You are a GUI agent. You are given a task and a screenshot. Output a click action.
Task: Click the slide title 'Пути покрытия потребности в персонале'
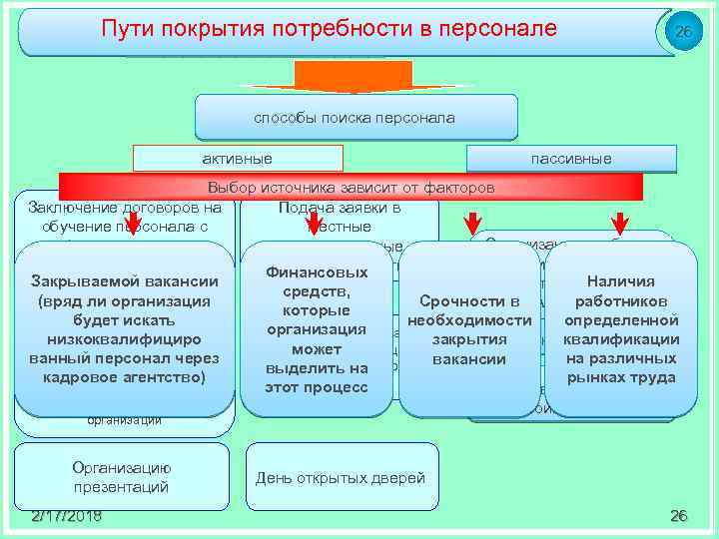(330, 29)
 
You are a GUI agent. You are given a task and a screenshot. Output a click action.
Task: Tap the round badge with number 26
(683, 33)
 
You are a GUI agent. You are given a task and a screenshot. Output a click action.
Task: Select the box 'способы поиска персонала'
(356, 118)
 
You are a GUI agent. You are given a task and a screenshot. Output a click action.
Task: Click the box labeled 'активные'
(238, 158)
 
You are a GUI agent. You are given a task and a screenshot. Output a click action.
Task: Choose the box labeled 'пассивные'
(571, 158)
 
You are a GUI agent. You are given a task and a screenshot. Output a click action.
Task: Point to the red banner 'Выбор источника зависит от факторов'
(351, 188)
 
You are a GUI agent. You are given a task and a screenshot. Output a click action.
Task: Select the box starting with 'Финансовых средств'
(318, 329)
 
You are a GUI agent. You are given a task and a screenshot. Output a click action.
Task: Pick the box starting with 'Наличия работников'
(622, 329)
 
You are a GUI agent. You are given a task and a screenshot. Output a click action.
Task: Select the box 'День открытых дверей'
(341, 477)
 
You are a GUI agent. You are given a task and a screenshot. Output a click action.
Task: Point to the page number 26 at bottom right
(679, 515)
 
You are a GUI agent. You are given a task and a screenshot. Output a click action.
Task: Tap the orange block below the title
(354, 76)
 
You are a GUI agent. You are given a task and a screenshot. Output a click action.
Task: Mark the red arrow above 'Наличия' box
(620, 220)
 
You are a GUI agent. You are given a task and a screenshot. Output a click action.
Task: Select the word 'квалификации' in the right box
(622, 339)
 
